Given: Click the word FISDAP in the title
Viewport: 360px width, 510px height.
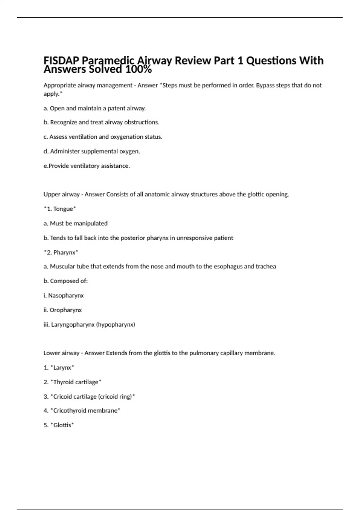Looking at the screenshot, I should click(x=61, y=61).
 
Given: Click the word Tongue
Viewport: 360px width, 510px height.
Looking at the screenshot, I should click(x=63, y=209).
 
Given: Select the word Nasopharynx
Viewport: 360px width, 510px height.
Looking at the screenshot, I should click(x=66, y=295).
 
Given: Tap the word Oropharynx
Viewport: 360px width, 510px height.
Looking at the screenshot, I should click(x=66, y=310).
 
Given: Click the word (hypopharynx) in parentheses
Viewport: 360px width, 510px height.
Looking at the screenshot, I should click(x=115, y=325).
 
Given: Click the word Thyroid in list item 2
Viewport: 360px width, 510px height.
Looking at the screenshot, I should click(x=63, y=382).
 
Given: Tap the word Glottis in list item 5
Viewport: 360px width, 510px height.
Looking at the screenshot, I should click(x=62, y=425).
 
